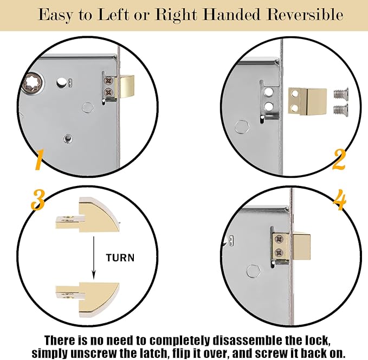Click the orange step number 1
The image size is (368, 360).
click(x=39, y=160)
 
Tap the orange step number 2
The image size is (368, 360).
click(x=339, y=159)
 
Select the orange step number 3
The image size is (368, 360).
click(x=38, y=200)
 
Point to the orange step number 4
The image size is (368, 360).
click(x=340, y=200)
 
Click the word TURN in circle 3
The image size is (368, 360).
click(x=120, y=258)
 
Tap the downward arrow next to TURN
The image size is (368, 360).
click(x=94, y=258)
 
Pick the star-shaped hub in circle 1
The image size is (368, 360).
click(x=32, y=84)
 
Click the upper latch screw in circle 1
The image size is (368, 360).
click(x=108, y=81)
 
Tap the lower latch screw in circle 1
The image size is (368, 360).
click(x=108, y=92)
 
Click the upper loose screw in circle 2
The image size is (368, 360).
click(x=341, y=93)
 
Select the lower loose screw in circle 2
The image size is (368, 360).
click(x=341, y=109)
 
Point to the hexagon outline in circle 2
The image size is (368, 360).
click(x=242, y=127)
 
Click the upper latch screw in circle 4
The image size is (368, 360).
click(x=279, y=240)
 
